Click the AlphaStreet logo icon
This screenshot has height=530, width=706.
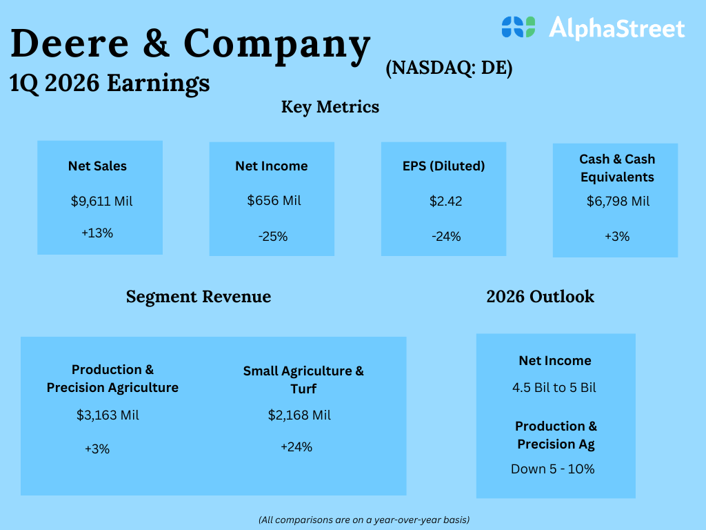[x=518, y=27]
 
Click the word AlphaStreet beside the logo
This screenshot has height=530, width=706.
[x=616, y=28]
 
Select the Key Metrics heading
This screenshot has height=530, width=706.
[x=330, y=107]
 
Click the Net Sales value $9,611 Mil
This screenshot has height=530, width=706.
[x=101, y=202]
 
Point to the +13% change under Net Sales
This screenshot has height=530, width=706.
[x=97, y=233]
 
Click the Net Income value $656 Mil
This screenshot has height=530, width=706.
[x=274, y=201]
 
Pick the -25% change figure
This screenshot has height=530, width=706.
[x=273, y=237]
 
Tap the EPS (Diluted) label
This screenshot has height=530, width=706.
[x=444, y=166]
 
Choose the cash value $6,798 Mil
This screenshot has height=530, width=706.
[x=618, y=202]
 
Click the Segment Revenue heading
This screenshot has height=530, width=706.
[x=199, y=297]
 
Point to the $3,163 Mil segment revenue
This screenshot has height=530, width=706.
[x=108, y=415]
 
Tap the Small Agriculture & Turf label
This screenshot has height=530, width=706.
[x=303, y=380]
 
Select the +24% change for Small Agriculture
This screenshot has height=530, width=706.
[x=296, y=447]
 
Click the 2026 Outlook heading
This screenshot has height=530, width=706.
[x=540, y=297]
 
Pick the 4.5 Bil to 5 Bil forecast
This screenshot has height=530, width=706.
[x=554, y=388]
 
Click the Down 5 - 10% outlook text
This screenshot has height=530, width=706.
[x=553, y=469]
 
